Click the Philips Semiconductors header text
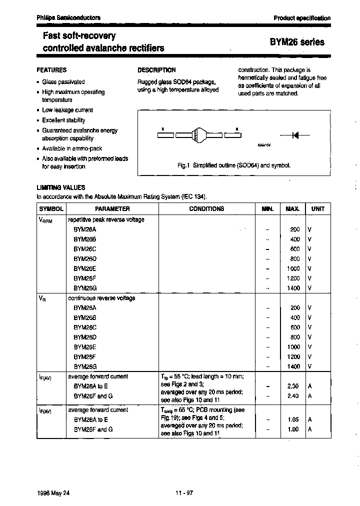pyautogui.click(x=68, y=17)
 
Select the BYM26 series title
pyautogui.click(x=297, y=42)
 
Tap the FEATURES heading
pyautogui.click(x=51, y=70)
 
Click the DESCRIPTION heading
pyautogui.click(x=156, y=70)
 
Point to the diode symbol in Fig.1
pyautogui.click(x=294, y=135)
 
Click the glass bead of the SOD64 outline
pyautogui.click(x=198, y=135)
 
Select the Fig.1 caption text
pyautogui.click(x=234, y=165)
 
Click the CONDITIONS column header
pyautogui.click(x=206, y=209)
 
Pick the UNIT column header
pyautogui.click(x=317, y=209)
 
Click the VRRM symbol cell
pyautogui.click(x=44, y=220)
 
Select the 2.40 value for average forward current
pyautogui.click(x=293, y=395)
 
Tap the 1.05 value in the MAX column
pyautogui.click(x=293, y=420)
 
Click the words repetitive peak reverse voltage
pyautogui.click(x=106, y=219)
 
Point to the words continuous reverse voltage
pyautogui.click(x=101, y=298)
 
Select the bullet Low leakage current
pyautogui.click(x=67, y=110)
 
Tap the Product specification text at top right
pyautogui.click(x=302, y=18)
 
